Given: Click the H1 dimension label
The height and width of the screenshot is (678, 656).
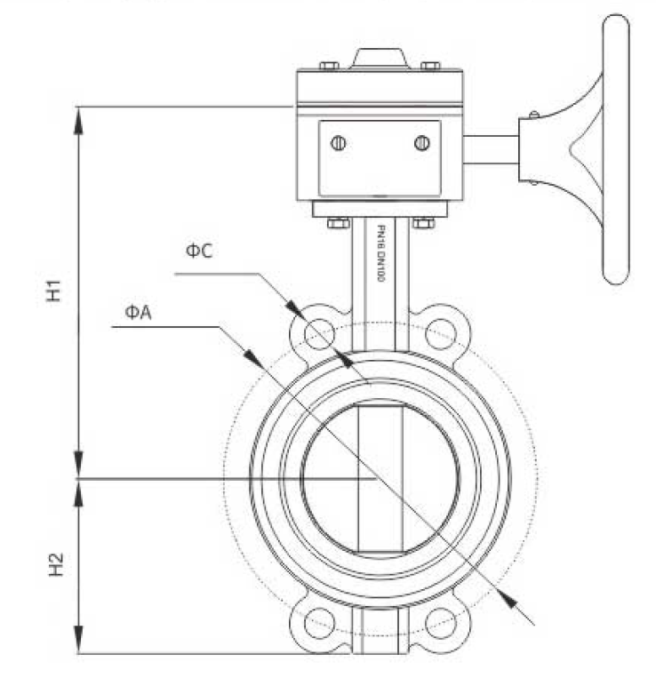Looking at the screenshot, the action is click(54, 291).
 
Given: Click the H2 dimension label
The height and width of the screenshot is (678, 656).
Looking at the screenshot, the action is click(56, 565).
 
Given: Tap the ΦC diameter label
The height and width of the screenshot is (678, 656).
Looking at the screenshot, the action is click(199, 251).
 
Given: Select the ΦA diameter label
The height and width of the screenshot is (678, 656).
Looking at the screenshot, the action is click(139, 312).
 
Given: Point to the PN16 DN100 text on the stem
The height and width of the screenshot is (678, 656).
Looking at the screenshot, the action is click(381, 253).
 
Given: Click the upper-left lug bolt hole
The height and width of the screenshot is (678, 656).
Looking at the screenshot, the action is click(320, 334).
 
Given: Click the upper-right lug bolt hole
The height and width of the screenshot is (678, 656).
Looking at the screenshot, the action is click(441, 334).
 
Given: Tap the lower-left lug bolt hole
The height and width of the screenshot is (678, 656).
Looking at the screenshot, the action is click(320, 623).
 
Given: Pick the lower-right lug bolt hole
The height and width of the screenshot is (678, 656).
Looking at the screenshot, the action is click(441, 623).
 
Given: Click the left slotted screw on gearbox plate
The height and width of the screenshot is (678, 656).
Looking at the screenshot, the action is click(338, 143).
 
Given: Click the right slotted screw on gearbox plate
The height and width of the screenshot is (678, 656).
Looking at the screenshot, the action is click(422, 143).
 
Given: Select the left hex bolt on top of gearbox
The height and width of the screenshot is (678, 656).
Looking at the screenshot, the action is click(330, 66).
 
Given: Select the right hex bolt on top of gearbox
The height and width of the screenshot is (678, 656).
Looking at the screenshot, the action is click(431, 66).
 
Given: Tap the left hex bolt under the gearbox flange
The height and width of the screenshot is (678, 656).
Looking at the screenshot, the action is click(339, 223).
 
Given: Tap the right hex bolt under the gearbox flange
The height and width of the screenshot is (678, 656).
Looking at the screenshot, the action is click(424, 223).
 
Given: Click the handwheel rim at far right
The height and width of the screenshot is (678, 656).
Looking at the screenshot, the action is click(616, 149).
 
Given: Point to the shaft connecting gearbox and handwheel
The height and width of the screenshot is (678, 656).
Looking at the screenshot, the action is click(491, 149).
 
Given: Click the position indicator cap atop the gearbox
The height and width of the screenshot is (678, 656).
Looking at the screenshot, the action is click(380, 59).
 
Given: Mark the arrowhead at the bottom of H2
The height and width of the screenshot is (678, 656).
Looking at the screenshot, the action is click(78, 640).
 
